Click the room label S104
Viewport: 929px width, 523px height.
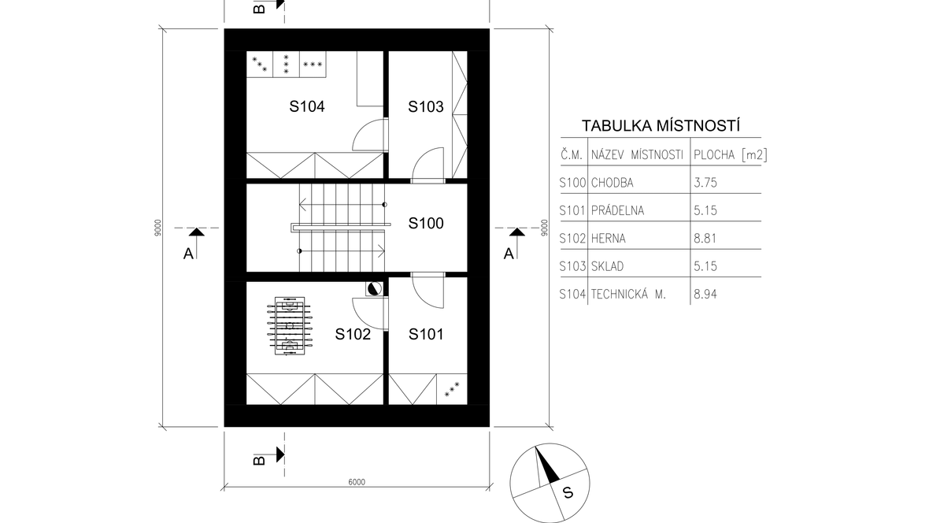coord(307,107)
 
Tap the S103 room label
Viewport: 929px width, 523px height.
coord(425,107)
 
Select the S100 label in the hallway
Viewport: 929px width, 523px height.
coord(426,224)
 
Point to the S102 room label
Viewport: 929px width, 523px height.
coord(353,335)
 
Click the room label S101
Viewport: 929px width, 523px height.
coord(426,335)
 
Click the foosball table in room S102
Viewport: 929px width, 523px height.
coord(290,326)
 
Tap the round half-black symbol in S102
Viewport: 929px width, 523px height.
coord(374,289)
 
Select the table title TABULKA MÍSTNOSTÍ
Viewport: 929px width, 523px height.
coord(661,126)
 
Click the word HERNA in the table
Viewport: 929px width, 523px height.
coord(608,239)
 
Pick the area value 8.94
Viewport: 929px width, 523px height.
coord(705,294)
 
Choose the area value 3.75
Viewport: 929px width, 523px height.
coord(705,183)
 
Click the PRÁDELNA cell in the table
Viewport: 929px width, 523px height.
coord(617,210)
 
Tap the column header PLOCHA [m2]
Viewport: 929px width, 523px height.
coord(731,155)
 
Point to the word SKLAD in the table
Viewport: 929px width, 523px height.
coord(607,266)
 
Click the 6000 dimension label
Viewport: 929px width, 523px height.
coord(357,482)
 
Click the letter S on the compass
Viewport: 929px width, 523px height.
coord(568,493)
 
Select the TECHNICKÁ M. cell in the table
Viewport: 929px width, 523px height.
coord(628,294)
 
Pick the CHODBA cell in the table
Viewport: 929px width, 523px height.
coord(612,183)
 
